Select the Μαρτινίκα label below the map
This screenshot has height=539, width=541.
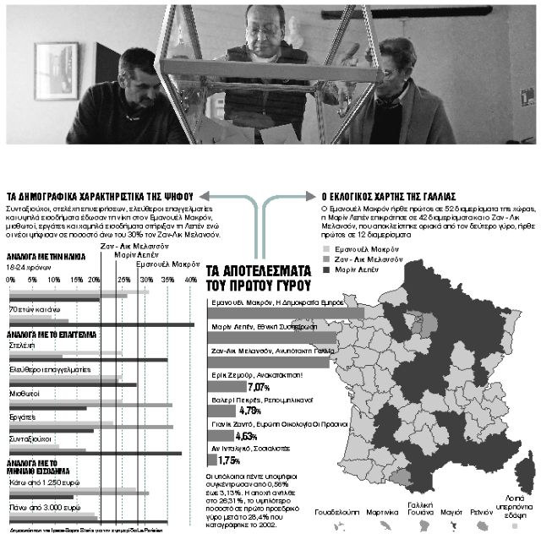(x=384, y=512)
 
